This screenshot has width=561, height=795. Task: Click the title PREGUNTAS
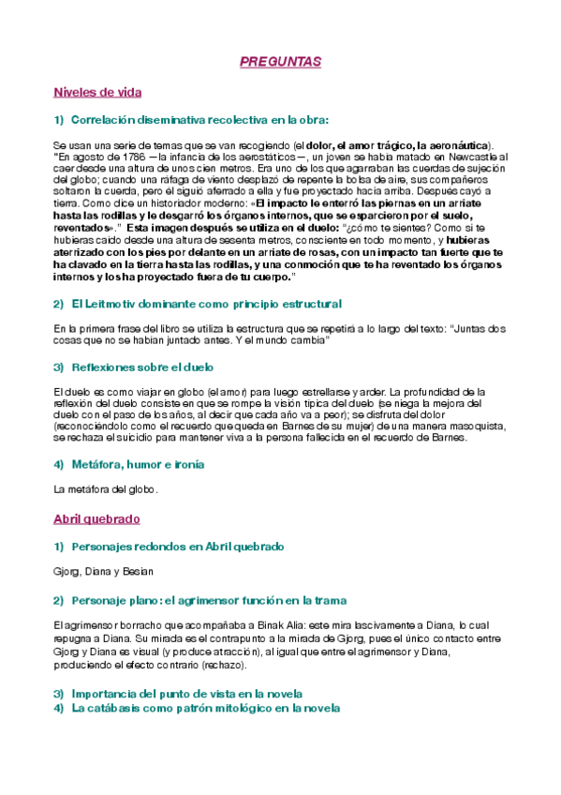point(280,62)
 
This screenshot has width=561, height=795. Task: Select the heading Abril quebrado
point(96,517)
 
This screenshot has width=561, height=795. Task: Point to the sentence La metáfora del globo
point(106,488)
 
